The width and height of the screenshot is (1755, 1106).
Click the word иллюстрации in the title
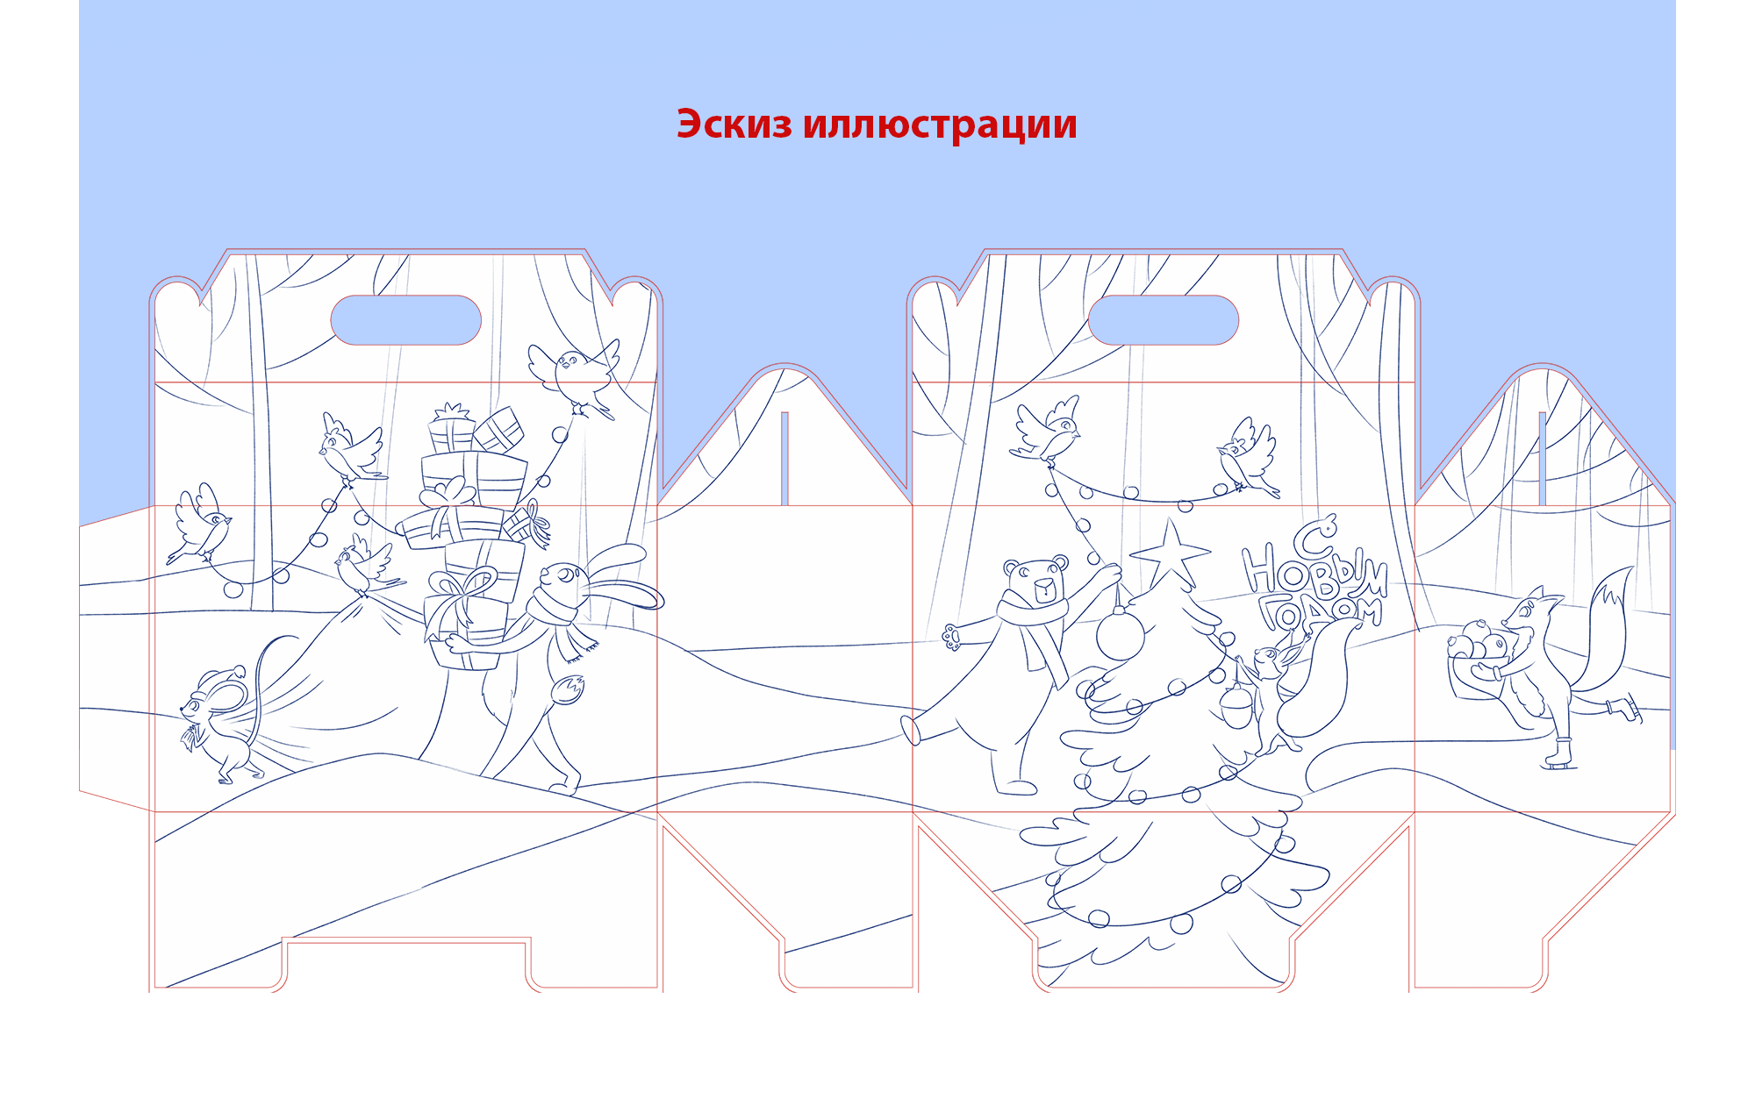pyautogui.click(x=940, y=125)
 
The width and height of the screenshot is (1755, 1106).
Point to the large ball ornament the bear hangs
pyautogui.click(x=1121, y=634)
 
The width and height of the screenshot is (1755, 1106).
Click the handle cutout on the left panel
pyautogui.click(x=405, y=319)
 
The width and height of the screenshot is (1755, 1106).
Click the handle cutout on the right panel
pyautogui.click(x=1164, y=319)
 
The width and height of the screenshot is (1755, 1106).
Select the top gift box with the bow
pyautogui.click(x=451, y=430)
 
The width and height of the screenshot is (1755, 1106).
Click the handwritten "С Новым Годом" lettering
pyautogui.click(x=1314, y=577)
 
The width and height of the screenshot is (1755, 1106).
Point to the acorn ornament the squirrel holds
pyautogui.click(x=1237, y=707)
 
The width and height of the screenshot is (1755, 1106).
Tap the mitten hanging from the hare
pyautogui.click(x=568, y=689)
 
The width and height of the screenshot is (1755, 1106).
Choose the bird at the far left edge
pyautogui.click(x=199, y=524)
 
